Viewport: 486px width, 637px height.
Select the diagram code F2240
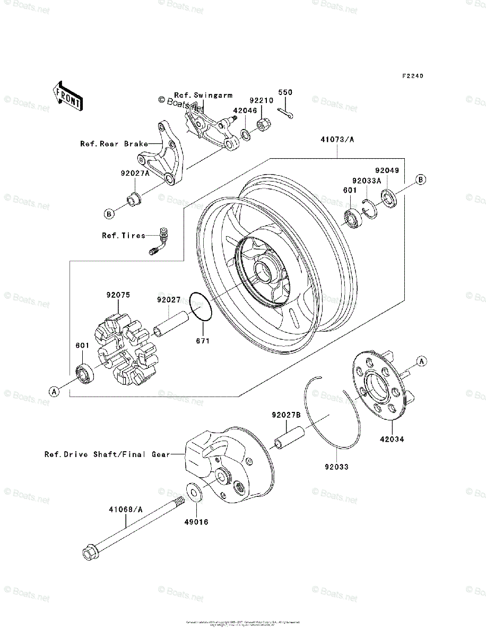[x=412, y=76]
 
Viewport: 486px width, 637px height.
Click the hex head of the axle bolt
[x=90, y=553]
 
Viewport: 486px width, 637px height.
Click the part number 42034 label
[x=392, y=440]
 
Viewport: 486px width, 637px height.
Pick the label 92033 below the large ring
[x=338, y=468]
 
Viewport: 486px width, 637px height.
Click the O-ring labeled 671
[x=201, y=307]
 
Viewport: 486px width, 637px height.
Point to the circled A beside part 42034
[x=422, y=361]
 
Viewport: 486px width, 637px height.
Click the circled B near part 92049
[x=420, y=179]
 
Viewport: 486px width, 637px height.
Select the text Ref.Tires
[x=124, y=235]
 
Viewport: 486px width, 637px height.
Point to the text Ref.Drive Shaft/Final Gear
[x=107, y=454]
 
